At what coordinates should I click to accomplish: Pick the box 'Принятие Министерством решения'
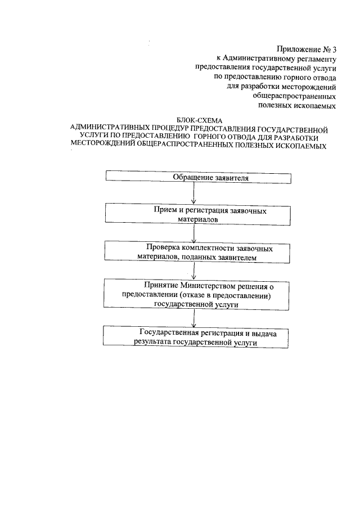tap(199, 294)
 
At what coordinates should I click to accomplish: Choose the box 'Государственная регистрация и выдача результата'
tap(199, 337)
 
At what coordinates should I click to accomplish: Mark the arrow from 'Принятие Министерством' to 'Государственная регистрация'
tap(194, 318)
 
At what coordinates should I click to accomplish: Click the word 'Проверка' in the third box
tap(161, 247)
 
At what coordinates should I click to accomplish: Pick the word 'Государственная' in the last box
tap(166, 332)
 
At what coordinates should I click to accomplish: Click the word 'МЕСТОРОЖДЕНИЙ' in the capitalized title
tap(103, 146)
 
